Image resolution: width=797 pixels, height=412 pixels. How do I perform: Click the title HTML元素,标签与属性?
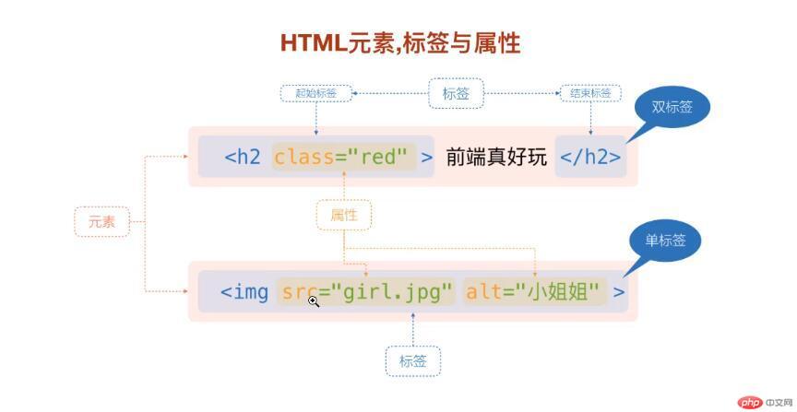(x=400, y=42)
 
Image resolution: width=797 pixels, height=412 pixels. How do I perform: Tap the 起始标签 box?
(x=316, y=93)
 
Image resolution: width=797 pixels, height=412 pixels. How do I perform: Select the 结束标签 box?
(x=590, y=93)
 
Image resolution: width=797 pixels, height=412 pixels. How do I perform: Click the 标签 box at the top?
(x=456, y=93)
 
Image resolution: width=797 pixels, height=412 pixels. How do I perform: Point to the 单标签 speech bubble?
(x=665, y=241)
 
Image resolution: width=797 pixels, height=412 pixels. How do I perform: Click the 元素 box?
(x=101, y=221)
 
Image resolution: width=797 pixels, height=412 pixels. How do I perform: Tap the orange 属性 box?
(x=343, y=215)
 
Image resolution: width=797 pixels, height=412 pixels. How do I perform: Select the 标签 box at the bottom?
(x=412, y=361)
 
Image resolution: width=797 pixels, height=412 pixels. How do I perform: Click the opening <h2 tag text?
(x=243, y=157)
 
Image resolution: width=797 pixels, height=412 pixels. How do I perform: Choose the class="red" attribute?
(x=340, y=157)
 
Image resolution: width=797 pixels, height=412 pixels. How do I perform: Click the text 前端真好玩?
(x=496, y=157)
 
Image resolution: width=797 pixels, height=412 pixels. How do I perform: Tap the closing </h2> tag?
(x=590, y=157)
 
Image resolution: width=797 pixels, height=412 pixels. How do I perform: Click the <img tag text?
(x=244, y=292)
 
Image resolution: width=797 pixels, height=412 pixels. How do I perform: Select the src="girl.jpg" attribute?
(x=367, y=292)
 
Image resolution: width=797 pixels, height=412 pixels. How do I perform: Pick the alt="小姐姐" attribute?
(x=535, y=292)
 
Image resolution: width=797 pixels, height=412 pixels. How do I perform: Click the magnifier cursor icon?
(x=314, y=300)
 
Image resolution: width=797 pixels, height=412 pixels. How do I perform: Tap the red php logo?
(x=751, y=402)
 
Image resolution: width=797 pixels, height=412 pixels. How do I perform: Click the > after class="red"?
(x=427, y=157)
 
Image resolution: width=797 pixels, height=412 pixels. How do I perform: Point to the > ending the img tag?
(x=619, y=292)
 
